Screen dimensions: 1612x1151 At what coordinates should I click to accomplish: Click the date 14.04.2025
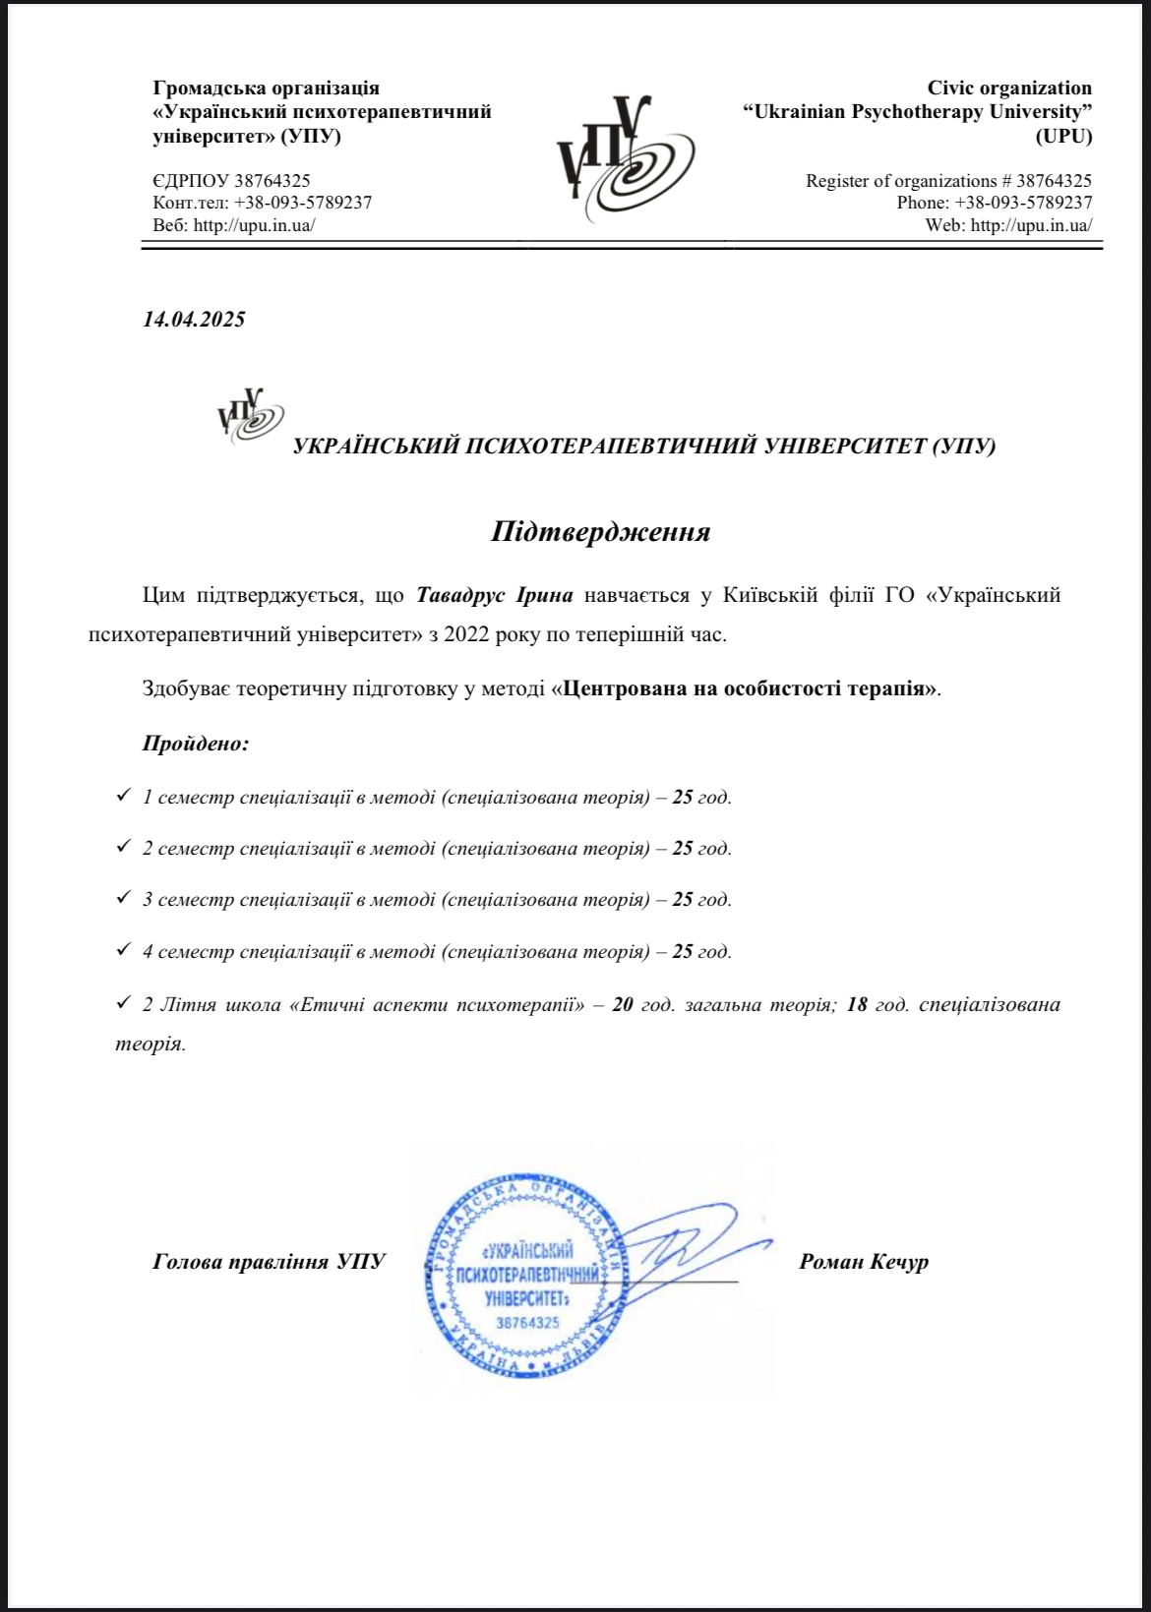tap(194, 319)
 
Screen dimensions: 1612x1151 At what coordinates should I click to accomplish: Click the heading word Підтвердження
tap(600, 532)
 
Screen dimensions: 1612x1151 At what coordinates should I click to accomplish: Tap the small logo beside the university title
tap(250, 415)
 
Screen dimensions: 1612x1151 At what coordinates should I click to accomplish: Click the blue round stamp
tap(527, 1276)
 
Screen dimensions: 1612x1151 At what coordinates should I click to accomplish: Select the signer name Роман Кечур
tap(864, 1262)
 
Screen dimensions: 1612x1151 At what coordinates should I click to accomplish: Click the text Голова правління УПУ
tap(269, 1262)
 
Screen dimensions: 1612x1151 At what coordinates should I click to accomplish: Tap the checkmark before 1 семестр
tap(123, 795)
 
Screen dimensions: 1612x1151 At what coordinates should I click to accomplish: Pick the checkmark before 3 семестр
tap(123, 897)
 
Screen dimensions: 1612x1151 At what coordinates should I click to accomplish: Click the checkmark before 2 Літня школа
tap(123, 1002)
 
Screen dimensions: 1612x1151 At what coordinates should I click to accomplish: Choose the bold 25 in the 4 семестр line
tap(683, 952)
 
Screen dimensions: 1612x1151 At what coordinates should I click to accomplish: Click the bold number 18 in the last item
tap(857, 1005)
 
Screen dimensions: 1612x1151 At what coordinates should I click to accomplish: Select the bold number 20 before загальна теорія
tap(622, 1005)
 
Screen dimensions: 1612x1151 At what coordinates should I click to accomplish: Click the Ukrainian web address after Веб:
tap(254, 225)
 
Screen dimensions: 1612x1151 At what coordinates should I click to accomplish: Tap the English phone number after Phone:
tap(1023, 203)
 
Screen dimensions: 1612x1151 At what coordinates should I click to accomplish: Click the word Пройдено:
tap(196, 744)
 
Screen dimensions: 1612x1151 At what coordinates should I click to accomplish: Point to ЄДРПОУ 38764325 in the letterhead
tap(231, 181)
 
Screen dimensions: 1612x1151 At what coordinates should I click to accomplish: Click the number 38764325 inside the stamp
tap(527, 1323)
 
